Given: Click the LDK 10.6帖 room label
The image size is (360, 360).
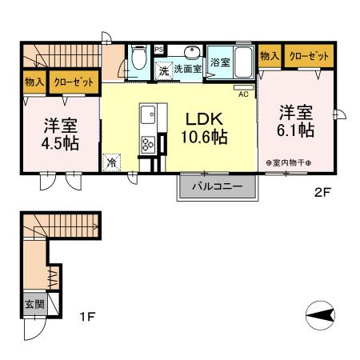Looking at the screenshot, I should click(206, 128).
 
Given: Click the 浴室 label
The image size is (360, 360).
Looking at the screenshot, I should click(218, 62).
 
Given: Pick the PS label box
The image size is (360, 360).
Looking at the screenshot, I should click(158, 48).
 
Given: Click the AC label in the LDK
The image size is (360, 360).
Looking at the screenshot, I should click(242, 93).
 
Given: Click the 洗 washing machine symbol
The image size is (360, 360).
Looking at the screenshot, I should click(163, 70).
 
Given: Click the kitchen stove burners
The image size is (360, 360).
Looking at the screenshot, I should click(148, 145).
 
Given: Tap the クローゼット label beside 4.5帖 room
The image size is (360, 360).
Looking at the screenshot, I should click(74, 82).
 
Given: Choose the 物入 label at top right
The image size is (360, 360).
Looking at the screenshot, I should click(270, 56).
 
